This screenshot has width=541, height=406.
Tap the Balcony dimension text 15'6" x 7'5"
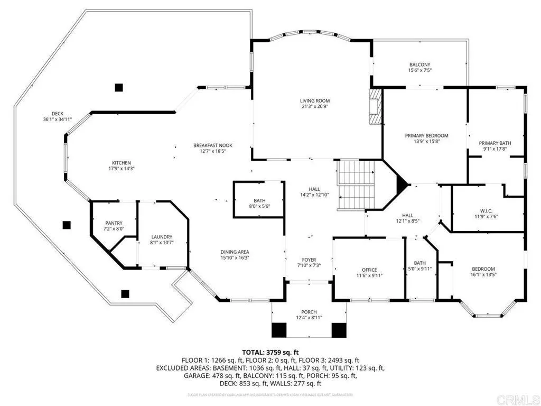[419, 70]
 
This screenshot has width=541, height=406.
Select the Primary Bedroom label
[426, 135]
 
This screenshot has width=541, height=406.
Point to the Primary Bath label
[495, 143]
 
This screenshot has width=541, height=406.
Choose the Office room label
[369, 270]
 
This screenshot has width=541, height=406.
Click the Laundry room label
[162, 237]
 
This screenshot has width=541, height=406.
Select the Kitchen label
[121, 163]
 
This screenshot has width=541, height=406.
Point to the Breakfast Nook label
[213, 145]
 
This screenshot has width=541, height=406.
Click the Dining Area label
[235, 252]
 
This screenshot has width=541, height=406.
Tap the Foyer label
[309, 260]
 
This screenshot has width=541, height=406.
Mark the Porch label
[309, 311]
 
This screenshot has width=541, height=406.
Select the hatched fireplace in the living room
[375, 106]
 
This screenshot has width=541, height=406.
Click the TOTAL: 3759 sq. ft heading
[270, 352]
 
